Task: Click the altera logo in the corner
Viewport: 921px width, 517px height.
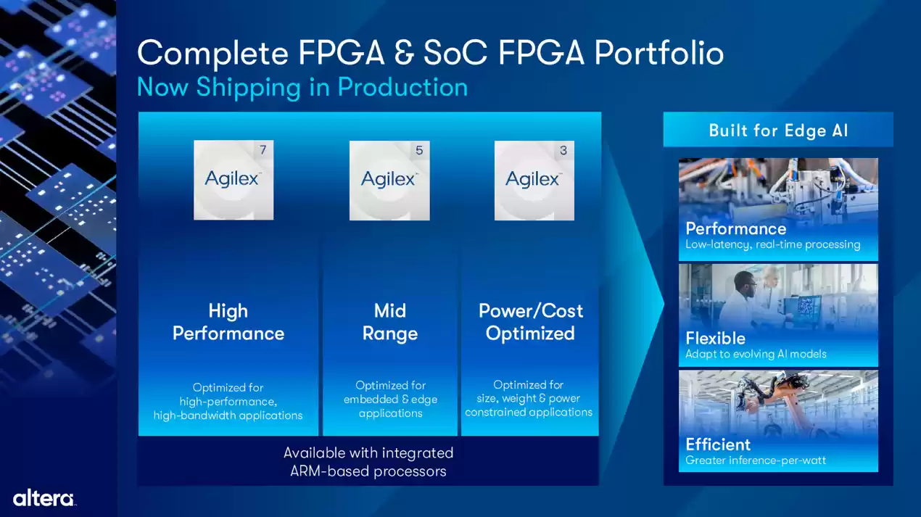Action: pos(44,498)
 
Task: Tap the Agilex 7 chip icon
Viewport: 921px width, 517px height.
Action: pos(234,180)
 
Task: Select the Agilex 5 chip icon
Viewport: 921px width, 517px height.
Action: pos(389,180)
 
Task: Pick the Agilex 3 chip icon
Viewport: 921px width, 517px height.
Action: pos(534,180)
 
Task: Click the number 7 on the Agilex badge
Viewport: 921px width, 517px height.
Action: pos(263,151)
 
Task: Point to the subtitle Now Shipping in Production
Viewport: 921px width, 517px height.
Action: pos(302,87)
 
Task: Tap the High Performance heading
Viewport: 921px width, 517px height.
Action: pos(228,322)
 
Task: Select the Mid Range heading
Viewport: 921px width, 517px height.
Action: pos(390,322)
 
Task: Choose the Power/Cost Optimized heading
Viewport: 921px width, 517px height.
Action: pos(530,322)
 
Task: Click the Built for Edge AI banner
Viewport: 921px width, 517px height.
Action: pos(778,131)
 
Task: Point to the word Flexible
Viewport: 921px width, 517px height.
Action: pos(715,338)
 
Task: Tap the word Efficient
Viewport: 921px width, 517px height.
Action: pos(718,444)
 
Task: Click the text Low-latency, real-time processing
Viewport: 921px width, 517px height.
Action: pos(772,244)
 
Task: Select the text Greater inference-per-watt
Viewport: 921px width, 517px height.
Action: pos(755,460)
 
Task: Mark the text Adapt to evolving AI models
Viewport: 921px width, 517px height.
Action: pos(756,354)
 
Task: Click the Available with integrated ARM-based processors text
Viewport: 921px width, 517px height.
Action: pos(368,462)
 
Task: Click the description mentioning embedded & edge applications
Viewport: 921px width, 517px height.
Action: pos(390,400)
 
